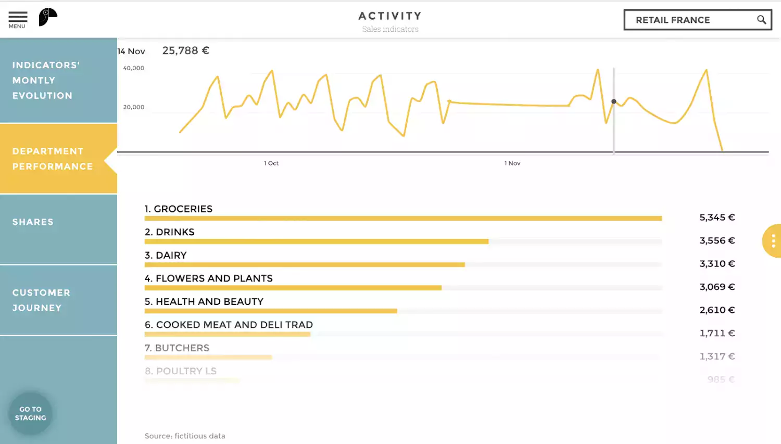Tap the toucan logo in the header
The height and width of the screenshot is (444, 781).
coord(47,17)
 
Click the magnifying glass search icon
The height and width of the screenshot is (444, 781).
coord(761,20)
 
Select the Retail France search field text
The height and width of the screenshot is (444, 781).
coord(673,20)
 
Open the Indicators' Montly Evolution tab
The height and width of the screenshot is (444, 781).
coord(58,81)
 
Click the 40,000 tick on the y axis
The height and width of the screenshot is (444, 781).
coord(133,68)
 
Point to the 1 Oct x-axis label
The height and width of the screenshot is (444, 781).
coord(271,163)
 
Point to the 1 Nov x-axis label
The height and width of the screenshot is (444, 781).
coord(512,163)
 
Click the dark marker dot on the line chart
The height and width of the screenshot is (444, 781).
coord(614,102)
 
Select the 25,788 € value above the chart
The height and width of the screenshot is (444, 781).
coord(185,51)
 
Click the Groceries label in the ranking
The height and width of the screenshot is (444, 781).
coord(179,209)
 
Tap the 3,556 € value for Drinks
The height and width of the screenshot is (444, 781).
coord(717,240)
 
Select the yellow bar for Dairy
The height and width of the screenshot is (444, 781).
coord(305,265)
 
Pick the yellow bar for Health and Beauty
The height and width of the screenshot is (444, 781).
coord(271,311)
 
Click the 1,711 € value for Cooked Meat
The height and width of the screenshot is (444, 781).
coord(717,333)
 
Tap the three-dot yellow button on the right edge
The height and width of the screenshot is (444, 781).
coord(773,240)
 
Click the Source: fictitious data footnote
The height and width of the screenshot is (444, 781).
coord(185,436)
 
